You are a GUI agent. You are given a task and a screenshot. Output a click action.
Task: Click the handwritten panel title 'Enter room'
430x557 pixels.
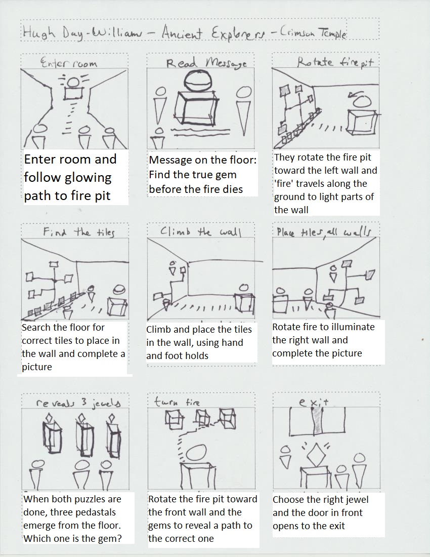68,63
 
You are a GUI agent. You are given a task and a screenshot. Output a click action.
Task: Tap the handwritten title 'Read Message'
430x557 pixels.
206,63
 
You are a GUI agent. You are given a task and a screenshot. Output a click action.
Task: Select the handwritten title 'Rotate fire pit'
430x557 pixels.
335,62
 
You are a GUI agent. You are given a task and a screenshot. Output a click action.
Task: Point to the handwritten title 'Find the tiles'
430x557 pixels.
78,233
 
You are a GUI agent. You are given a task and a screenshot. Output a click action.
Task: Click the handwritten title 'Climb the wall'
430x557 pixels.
201,232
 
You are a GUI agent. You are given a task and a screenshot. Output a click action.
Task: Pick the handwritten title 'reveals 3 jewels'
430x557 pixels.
78,403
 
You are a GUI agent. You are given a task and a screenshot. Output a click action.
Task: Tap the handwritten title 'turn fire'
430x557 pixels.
177,402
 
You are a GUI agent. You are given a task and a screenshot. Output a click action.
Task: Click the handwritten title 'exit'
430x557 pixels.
314,402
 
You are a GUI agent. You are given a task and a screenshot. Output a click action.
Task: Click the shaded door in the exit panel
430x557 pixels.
318,421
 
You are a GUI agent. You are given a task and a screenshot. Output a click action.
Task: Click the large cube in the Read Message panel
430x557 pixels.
196,108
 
